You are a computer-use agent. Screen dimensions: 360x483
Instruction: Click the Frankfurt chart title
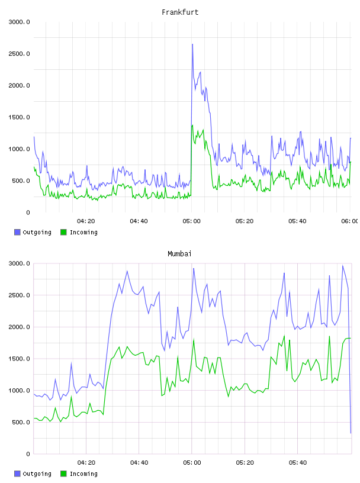pyautogui.click(x=180, y=12)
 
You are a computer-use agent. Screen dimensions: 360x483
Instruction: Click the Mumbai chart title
pyautogui.click(x=179, y=254)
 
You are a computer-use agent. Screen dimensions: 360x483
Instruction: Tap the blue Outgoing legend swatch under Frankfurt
pyautogui.click(x=17, y=232)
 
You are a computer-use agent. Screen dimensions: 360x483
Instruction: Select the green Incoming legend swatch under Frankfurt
pyautogui.click(x=63, y=232)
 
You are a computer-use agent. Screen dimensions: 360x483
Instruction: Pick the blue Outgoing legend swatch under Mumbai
pyautogui.click(x=17, y=474)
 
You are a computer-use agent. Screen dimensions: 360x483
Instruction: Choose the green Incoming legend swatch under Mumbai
pyautogui.click(x=63, y=474)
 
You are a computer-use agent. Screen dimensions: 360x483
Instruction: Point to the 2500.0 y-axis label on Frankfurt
pyautogui.click(x=19, y=54)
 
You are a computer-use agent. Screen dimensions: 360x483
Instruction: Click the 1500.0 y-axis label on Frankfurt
pyautogui.click(x=19, y=117)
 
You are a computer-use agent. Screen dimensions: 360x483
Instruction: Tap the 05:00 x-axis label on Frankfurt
pyautogui.click(x=191, y=221)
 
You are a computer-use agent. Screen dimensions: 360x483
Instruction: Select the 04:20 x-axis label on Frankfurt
pyautogui.click(x=86, y=221)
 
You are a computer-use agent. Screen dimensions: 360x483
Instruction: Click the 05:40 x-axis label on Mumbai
pyautogui.click(x=297, y=463)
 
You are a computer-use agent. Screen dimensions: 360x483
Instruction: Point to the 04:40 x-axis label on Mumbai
pyautogui.click(x=139, y=463)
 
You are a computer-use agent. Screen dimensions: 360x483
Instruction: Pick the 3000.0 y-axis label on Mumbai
pyautogui.click(x=19, y=263)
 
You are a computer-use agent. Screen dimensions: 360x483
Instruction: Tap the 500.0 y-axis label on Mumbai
pyautogui.click(x=21, y=422)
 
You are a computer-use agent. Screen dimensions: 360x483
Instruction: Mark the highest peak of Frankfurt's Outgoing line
pyautogui.click(x=192, y=44)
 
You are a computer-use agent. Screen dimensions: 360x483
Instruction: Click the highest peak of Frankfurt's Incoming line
pyautogui.click(x=192, y=125)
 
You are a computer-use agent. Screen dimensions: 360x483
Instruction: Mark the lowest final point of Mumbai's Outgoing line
pyautogui.click(x=351, y=433)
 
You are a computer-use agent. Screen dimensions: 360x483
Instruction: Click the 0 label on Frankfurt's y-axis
pyautogui.click(x=28, y=212)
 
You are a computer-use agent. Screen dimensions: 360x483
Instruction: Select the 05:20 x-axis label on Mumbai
pyautogui.click(x=245, y=463)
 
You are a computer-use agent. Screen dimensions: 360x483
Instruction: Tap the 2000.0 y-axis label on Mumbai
pyautogui.click(x=19, y=327)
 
